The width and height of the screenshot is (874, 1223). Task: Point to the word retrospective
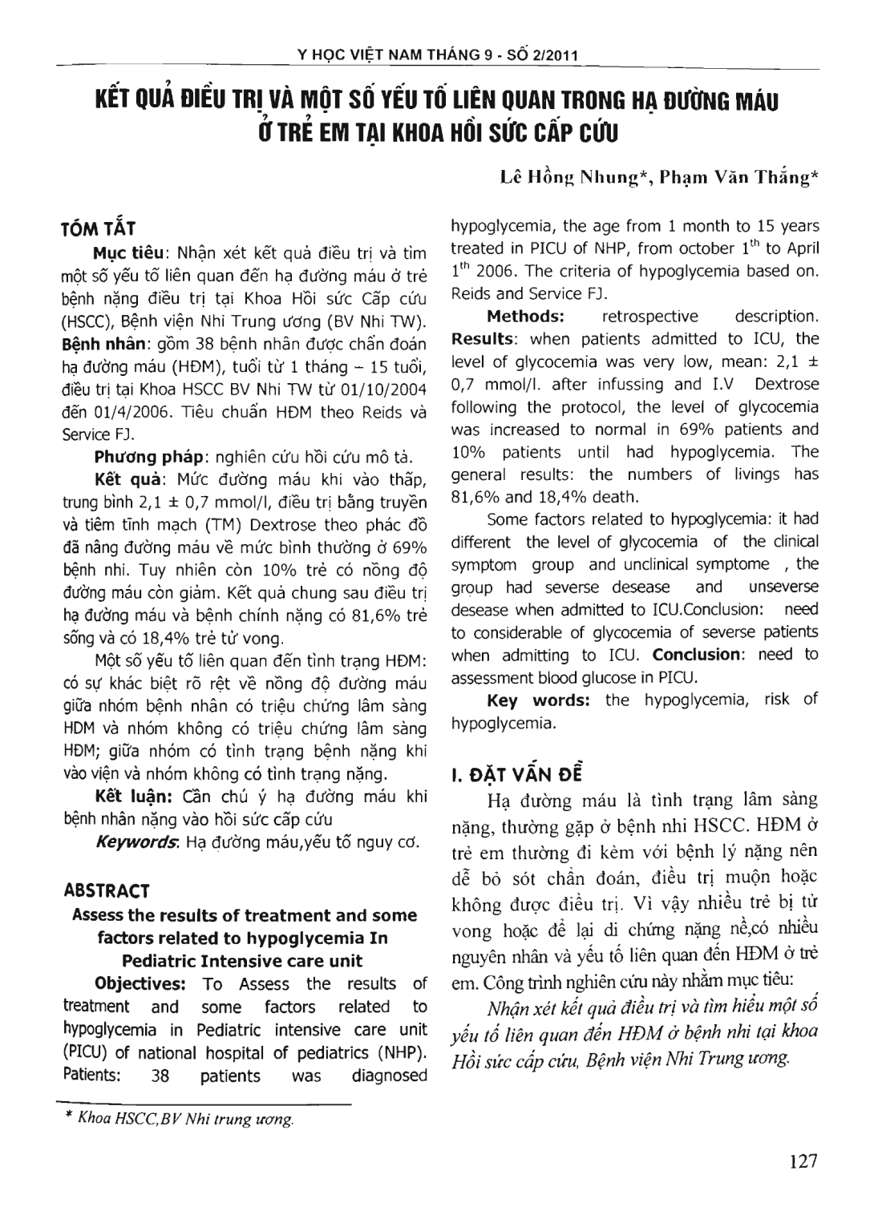(x=649, y=316)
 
